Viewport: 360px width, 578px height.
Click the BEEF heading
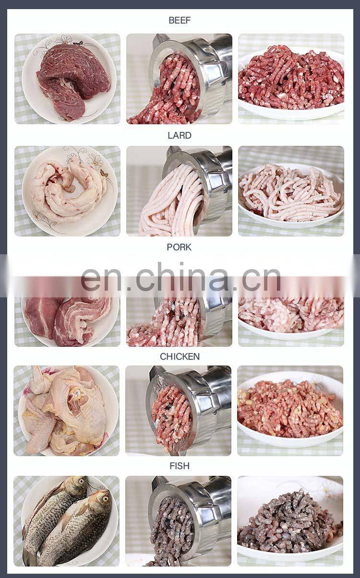pyautogui.click(x=180, y=20)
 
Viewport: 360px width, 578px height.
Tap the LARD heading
pyautogui.click(x=180, y=135)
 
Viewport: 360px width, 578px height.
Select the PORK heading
pyautogui.click(x=179, y=247)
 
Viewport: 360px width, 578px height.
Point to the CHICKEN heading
pyautogui.click(x=180, y=356)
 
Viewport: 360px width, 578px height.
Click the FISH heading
pyautogui.click(x=180, y=466)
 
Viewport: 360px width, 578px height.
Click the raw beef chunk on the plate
pyautogui.click(x=73, y=81)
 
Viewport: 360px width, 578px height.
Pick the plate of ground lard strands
pyautogui.click(x=291, y=195)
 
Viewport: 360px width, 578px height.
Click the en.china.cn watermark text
pyautogui.click(x=181, y=277)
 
